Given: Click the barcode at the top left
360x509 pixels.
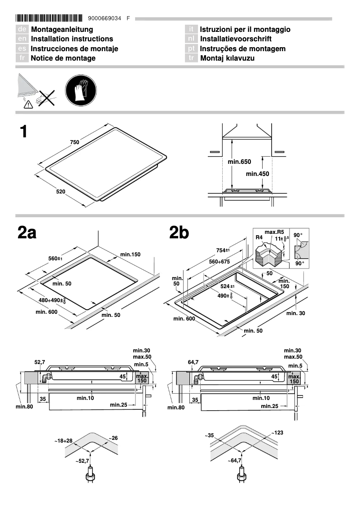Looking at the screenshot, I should pyautogui.click(x=49, y=18).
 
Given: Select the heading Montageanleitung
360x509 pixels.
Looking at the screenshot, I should pyautogui.click(x=62, y=30).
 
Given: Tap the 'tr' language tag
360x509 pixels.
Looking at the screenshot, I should pyautogui.click(x=191, y=58).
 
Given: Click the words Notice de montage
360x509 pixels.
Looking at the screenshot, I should pyautogui.click(x=63, y=58).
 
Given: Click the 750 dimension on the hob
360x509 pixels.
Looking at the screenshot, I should pyautogui.click(x=75, y=142).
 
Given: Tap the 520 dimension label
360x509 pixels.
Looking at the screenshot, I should pyautogui.click(x=61, y=192).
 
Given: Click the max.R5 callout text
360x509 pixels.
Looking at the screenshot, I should pyautogui.click(x=272, y=232).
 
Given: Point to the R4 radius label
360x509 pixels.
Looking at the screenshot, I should pyautogui.click(x=259, y=237).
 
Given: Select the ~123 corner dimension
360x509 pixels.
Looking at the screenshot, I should pyautogui.click(x=277, y=433).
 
